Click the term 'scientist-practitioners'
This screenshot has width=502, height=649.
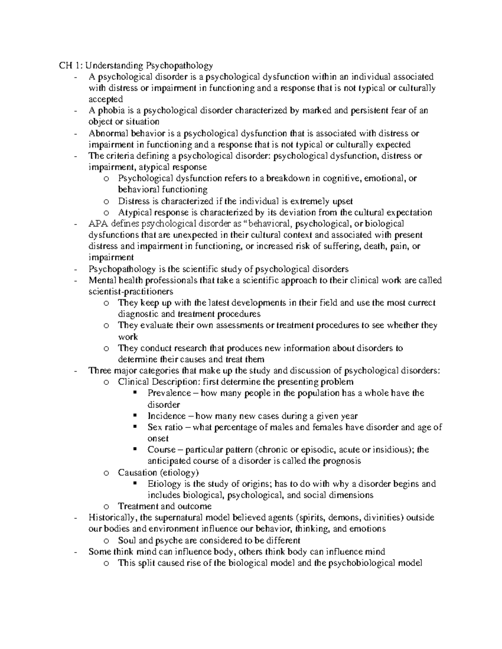[x=131, y=292]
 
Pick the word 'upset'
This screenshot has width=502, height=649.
[x=342, y=201]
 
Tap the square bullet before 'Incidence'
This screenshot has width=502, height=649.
[x=135, y=416]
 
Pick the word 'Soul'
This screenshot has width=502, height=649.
[x=127, y=540]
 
